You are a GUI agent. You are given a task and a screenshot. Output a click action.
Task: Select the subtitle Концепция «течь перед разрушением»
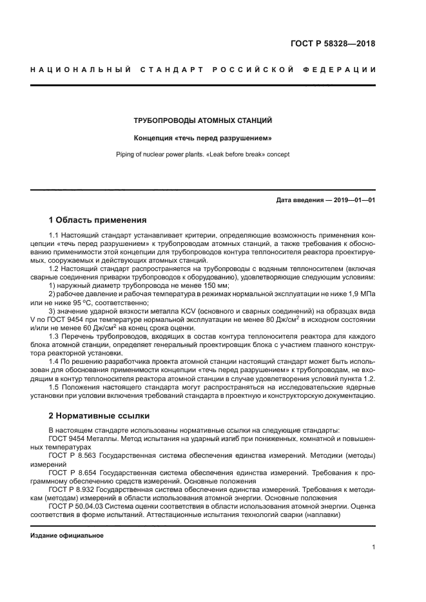(202, 138)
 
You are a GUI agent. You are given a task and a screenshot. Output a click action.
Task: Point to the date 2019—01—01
(353, 200)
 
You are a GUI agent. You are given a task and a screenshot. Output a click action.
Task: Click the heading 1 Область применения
(98, 220)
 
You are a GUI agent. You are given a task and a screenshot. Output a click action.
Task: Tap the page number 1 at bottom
(374, 547)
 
